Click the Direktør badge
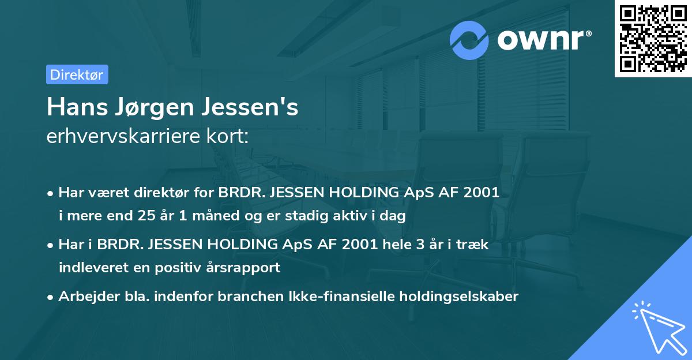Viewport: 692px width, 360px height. pyautogui.click(x=77, y=74)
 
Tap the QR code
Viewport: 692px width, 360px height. pyautogui.click(x=652, y=39)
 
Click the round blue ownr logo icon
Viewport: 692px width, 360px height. pyautogui.click(x=469, y=40)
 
